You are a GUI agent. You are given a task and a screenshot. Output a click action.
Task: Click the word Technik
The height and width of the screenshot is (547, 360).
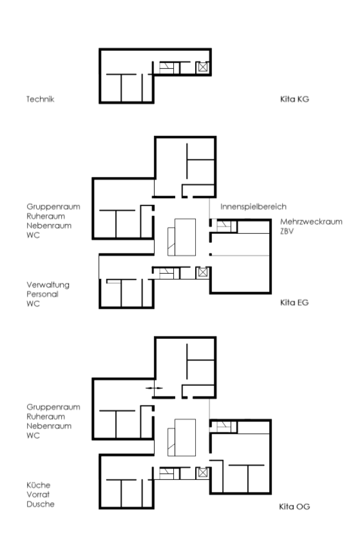click(41, 99)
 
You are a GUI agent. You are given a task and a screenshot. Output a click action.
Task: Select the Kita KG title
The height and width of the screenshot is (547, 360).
click(295, 99)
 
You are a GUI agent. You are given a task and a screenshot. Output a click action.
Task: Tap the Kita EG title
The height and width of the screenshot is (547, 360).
click(295, 302)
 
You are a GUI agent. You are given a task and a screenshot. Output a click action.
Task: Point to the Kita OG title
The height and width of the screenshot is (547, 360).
click(295, 506)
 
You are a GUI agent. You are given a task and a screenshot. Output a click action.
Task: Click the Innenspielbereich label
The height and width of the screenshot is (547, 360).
click(253, 207)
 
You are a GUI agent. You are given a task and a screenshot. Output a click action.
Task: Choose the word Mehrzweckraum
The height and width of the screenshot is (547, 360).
click(311, 222)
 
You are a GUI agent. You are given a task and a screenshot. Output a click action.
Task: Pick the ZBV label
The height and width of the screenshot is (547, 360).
click(287, 231)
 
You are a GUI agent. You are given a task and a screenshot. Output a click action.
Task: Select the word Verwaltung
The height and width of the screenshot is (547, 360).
click(48, 285)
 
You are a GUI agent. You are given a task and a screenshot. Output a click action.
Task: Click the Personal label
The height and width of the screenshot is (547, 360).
click(43, 294)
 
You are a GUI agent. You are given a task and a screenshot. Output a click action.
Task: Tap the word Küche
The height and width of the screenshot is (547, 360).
click(39, 485)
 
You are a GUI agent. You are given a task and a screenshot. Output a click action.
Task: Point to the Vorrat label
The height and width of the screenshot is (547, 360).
click(38, 494)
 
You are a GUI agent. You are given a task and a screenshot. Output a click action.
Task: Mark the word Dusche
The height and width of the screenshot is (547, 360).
click(41, 504)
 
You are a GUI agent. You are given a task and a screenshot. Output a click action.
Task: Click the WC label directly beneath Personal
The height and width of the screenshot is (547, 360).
click(33, 303)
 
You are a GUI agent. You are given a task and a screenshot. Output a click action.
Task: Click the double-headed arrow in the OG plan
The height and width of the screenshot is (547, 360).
click(154, 388)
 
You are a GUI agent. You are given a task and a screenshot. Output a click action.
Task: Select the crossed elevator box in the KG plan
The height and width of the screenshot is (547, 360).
click(203, 67)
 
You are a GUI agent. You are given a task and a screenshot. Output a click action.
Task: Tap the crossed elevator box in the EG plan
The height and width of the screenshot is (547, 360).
click(203, 272)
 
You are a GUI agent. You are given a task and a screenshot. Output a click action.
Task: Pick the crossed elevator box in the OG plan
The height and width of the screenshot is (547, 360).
click(203, 473)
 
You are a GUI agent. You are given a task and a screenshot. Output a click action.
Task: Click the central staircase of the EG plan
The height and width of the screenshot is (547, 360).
click(182, 237)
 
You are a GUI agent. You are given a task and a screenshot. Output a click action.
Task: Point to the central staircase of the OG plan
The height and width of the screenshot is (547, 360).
click(182, 437)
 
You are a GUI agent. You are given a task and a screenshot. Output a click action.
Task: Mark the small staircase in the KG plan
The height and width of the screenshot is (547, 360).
click(166, 68)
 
